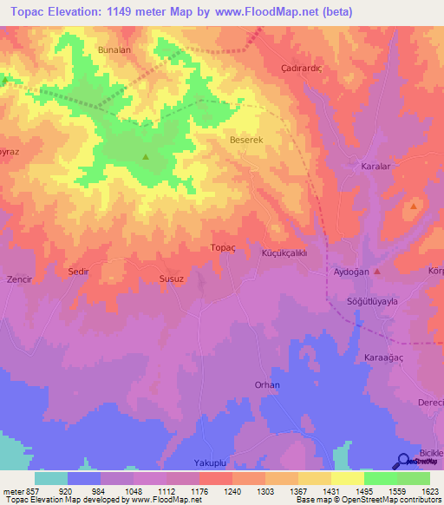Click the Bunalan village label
click(x=114, y=50)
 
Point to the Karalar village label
click(x=377, y=164)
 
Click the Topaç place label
click(x=223, y=247)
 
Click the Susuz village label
click(x=171, y=279)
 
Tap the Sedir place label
click(x=79, y=272)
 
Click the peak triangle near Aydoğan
click(x=376, y=270)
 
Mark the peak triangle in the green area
click(x=146, y=157)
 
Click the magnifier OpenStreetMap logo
click(x=403, y=462)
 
